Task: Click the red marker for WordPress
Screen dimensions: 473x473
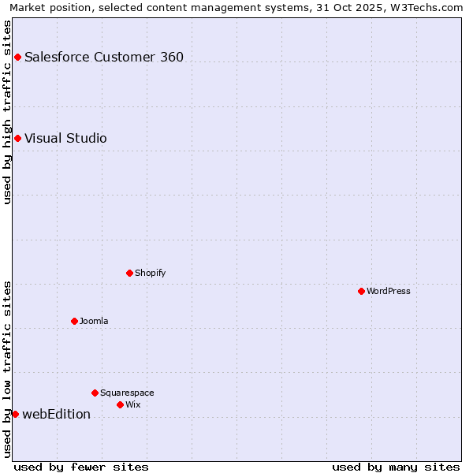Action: [361, 291]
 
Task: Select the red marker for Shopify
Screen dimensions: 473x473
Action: [129, 273]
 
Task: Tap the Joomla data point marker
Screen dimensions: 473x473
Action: [74, 321]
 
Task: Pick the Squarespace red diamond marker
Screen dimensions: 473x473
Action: [95, 393]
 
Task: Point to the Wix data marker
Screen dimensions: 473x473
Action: [120, 404]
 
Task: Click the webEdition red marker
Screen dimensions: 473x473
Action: [15, 414]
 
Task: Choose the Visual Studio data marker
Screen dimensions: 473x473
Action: [17, 139]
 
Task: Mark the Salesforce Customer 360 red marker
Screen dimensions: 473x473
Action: [17, 57]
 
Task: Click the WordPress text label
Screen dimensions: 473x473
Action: [389, 291]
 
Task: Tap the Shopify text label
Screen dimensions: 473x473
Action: [150, 273]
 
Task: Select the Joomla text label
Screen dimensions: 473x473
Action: [94, 321]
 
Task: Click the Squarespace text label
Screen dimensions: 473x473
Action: [127, 393]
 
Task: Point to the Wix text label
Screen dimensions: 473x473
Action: [133, 404]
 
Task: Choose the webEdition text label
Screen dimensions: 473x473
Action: [56, 414]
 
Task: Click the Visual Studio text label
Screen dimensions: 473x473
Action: [65, 139]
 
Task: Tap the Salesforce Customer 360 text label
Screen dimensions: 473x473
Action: [104, 57]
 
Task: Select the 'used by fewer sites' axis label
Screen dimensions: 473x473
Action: [81, 467]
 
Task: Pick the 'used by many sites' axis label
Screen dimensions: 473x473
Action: [396, 467]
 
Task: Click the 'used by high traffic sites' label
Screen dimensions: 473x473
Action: [7, 112]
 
